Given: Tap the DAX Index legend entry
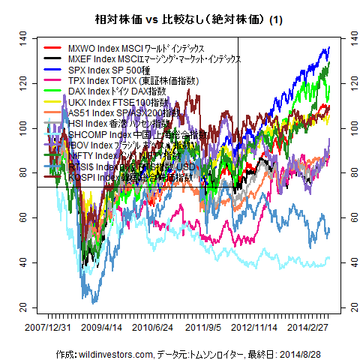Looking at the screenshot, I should [116, 91].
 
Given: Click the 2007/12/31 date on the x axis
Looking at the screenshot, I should [49, 328].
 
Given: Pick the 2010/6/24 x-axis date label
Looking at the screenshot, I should [154, 328].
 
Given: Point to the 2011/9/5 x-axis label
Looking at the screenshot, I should [203, 328].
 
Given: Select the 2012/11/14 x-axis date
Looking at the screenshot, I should [255, 328].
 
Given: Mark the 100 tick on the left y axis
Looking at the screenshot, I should [23, 127].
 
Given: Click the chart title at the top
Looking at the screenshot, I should [179, 19].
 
